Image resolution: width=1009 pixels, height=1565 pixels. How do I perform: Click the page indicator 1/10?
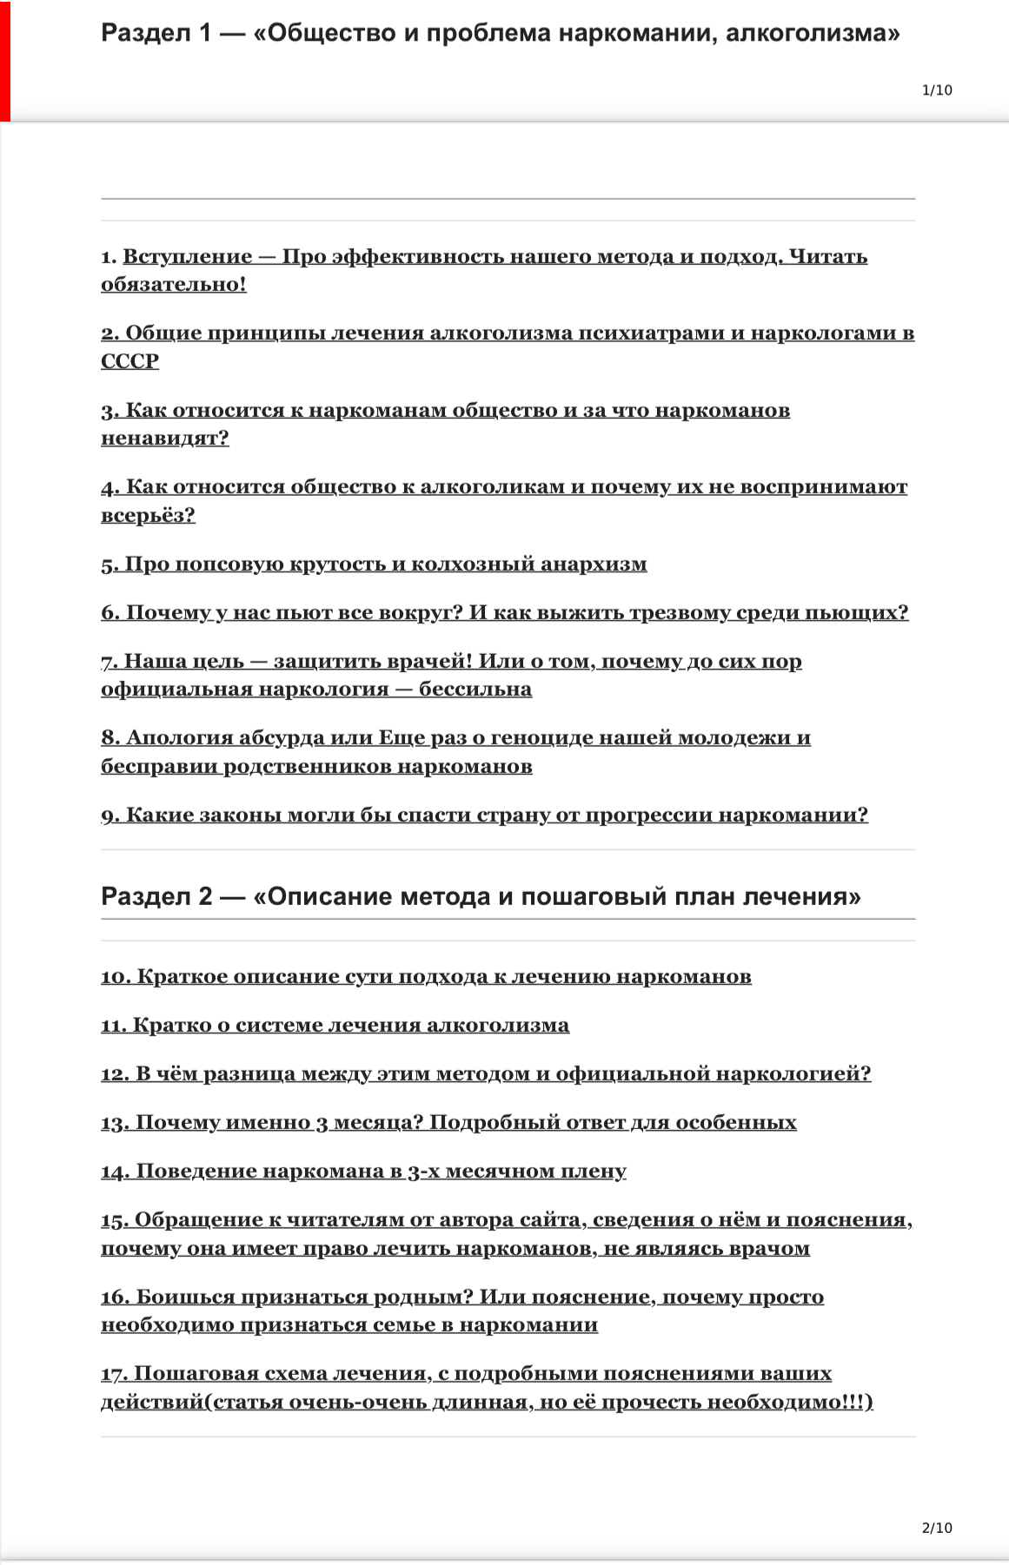(x=937, y=90)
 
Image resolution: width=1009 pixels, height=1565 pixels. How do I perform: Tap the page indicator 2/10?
(x=937, y=1529)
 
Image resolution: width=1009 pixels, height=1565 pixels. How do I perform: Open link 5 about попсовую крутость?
(x=374, y=565)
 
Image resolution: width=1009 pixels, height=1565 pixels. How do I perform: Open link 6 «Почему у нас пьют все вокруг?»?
(x=504, y=613)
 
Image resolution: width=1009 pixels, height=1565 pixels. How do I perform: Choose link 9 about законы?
(x=484, y=816)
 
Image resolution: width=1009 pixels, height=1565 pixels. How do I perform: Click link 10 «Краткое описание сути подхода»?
(x=426, y=977)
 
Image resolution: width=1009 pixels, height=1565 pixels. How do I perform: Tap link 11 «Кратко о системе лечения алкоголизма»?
(x=335, y=1026)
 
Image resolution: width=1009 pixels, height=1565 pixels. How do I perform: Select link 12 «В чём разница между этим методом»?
(x=486, y=1074)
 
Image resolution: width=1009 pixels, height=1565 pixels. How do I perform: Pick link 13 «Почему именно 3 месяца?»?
(x=448, y=1123)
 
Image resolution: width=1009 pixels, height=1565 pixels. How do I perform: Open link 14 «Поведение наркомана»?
(x=363, y=1172)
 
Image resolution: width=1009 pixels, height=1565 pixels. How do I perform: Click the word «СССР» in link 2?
(x=130, y=361)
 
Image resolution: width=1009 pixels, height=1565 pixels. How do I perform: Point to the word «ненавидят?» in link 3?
(x=165, y=439)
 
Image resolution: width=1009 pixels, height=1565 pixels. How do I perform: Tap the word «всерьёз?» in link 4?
(x=148, y=516)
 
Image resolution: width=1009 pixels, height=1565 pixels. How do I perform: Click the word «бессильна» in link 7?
(x=475, y=690)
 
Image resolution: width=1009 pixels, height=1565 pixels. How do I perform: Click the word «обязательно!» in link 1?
(x=174, y=285)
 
